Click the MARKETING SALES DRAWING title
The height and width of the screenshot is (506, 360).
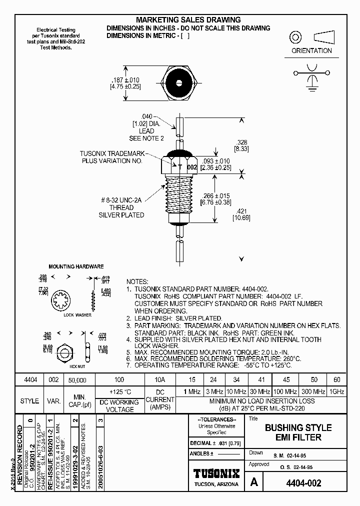[188, 20]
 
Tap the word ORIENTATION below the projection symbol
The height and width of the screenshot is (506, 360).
[311, 50]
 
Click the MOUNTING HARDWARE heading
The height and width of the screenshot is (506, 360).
[76, 266]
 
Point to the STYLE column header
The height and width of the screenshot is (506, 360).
[29, 401]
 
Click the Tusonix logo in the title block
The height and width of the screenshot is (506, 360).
[216, 473]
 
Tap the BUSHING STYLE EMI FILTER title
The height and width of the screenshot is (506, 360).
[297, 432]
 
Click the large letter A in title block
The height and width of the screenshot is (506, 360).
[254, 482]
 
